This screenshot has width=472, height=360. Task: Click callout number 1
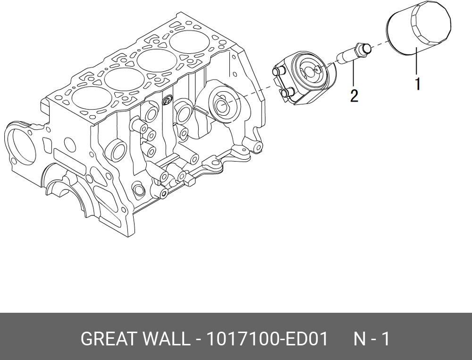point(418,84)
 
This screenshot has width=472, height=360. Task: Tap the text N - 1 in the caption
point(372,339)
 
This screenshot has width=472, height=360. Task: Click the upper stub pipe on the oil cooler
point(278,71)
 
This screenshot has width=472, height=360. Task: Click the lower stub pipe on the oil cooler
point(284,94)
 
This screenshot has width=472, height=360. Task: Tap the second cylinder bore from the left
point(124,78)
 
